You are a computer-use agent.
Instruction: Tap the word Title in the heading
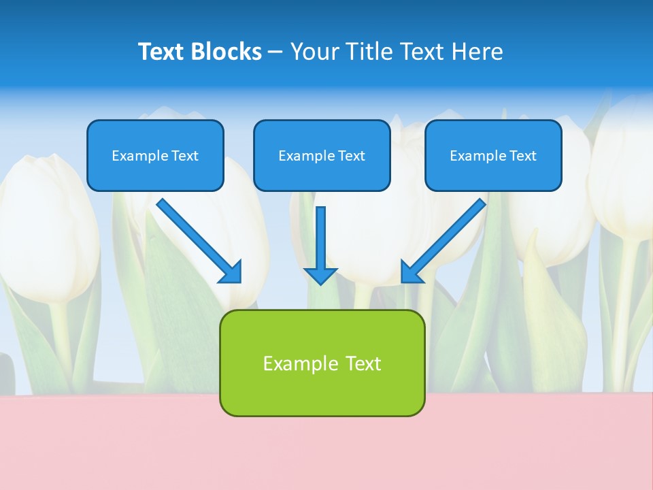[371, 52]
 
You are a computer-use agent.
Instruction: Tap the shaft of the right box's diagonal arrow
[452, 231]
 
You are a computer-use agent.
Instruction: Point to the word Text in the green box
[363, 363]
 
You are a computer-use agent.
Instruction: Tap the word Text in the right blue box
[522, 156]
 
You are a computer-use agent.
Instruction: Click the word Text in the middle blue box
[351, 156]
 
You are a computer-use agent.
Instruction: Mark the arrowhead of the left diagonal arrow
[231, 273]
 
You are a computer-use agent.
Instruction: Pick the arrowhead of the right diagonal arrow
[411, 273]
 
